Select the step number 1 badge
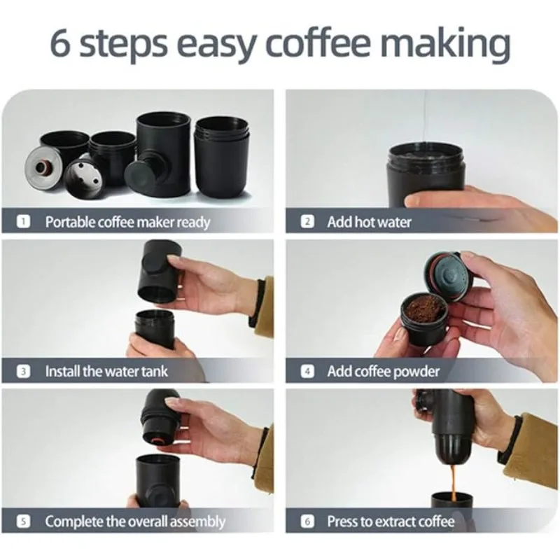pos(23,222)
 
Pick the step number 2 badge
pos(307,222)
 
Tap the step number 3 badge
pos(23,372)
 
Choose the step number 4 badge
pos(307,372)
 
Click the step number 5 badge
pos(23,521)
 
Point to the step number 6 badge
pos(307,521)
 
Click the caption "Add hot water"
pos(370,222)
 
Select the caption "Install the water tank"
pos(106,372)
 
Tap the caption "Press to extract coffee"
pos(391,521)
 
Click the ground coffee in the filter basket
pos(424,308)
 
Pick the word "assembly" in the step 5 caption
pos(197,522)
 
